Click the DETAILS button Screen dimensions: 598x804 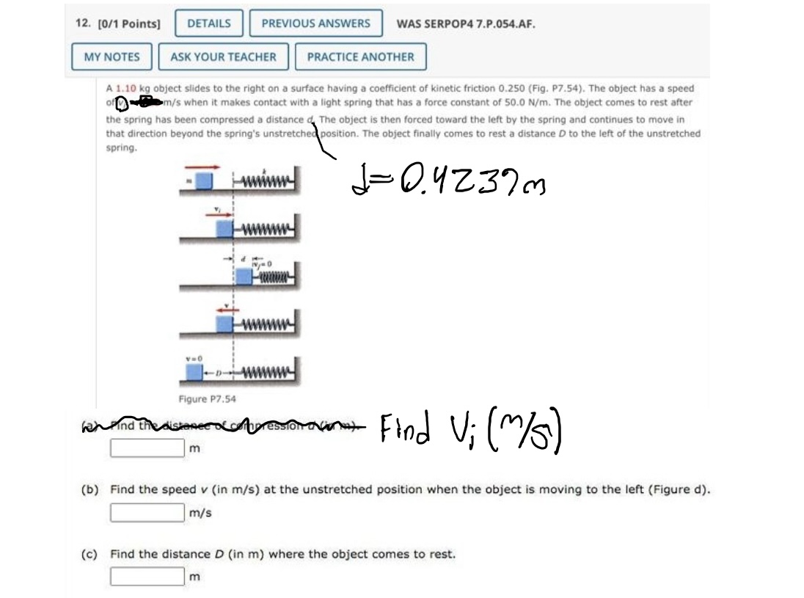click(209, 23)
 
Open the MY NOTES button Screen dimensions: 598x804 click(112, 57)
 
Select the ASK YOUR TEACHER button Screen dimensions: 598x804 click(223, 57)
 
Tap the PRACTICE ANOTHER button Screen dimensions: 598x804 click(360, 57)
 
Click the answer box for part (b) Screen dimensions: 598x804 click(147, 512)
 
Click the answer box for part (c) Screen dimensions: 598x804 click(147, 577)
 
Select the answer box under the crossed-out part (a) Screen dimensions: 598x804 click(147, 447)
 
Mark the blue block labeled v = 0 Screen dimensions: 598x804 click(194, 372)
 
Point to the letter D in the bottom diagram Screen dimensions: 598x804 click(216, 373)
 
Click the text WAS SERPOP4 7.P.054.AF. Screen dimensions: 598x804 click(465, 23)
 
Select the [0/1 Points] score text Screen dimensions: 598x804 click(117, 23)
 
